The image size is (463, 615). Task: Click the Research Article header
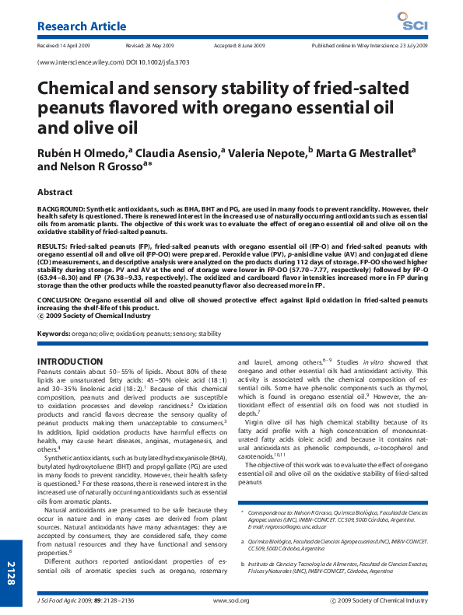(82, 26)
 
